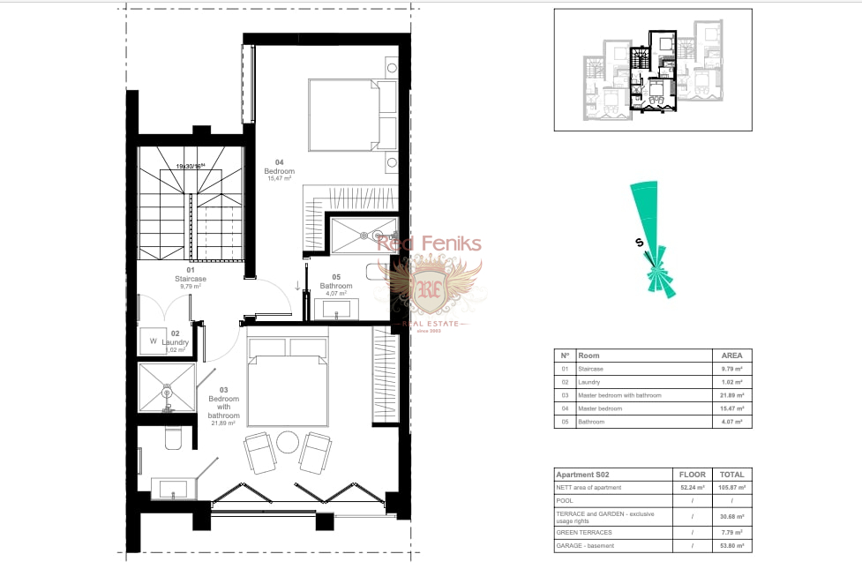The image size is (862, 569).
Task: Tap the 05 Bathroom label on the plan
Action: pyautogui.click(x=336, y=286)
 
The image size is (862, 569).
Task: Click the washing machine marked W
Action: pyautogui.click(x=153, y=341)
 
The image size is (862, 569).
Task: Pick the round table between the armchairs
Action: pyautogui.click(x=288, y=442)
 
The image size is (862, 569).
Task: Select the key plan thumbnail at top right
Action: pyautogui.click(x=653, y=70)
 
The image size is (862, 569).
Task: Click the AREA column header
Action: pyautogui.click(x=732, y=355)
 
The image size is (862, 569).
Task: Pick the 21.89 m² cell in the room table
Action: pyautogui.click(x=732, y=395)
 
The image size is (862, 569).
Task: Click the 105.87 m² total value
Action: pyautogui.click(x=732, y=488)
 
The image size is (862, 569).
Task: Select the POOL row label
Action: pyautogui.click(x=565, y=500)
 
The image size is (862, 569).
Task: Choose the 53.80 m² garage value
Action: pyautogui.click(x=732, y=546)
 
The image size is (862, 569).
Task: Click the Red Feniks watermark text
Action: pyautogui.click(x=430, y=243)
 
